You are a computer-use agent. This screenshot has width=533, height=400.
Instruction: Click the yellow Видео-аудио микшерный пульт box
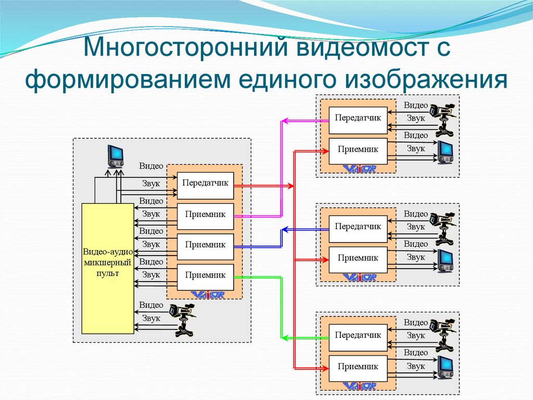pos(108,268)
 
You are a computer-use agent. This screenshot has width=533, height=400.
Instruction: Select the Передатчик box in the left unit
pos(205,185)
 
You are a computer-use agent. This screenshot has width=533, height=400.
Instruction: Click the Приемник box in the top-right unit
pos(358,150)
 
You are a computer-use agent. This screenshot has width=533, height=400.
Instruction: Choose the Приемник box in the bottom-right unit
pos(358,367)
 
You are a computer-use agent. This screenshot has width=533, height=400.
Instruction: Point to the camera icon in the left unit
pos(182,318)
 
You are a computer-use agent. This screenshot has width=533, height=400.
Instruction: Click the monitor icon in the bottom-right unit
pos(445,367)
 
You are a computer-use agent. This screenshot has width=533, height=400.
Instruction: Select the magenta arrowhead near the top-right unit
pos(284,121)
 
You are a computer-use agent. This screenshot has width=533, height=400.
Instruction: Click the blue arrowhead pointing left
pos(284,229)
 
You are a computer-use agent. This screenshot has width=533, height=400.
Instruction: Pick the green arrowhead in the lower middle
pos(284,337)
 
